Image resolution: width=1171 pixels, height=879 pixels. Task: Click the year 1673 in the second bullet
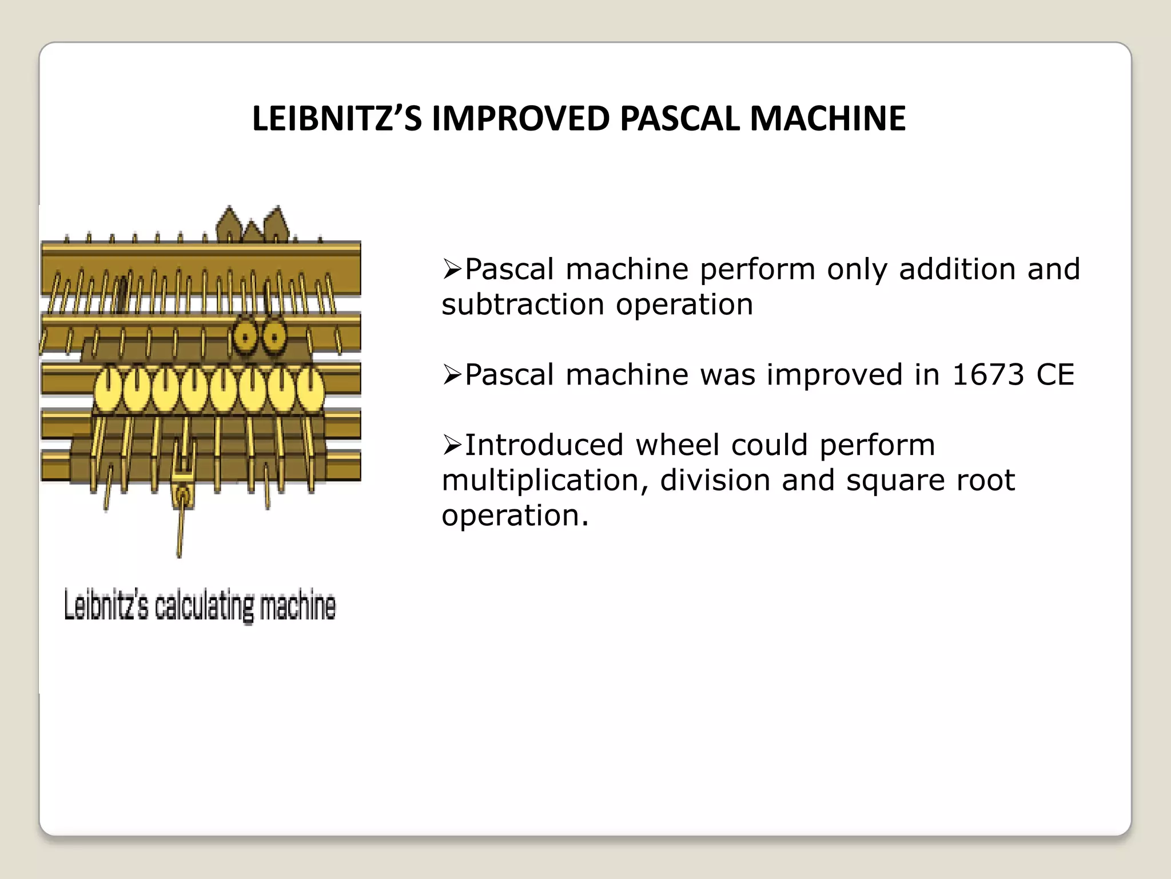click(x=987, y=375)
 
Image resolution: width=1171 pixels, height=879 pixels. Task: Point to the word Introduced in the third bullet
click(x=544, y=445)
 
